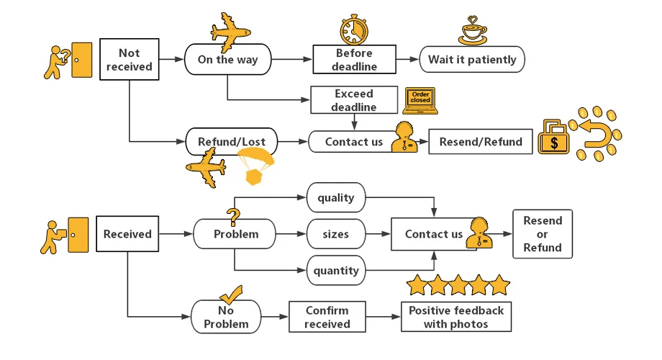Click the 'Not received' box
130,60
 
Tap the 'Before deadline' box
354,60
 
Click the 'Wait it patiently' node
472,60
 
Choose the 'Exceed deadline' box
353,101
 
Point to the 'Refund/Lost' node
227,142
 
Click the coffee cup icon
473,32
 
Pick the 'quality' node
335,197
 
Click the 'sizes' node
335,234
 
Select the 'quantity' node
335,271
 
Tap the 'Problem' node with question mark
235,234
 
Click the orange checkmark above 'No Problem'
230,294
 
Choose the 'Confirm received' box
327,317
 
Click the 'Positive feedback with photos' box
456,317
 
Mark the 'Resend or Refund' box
543,234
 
